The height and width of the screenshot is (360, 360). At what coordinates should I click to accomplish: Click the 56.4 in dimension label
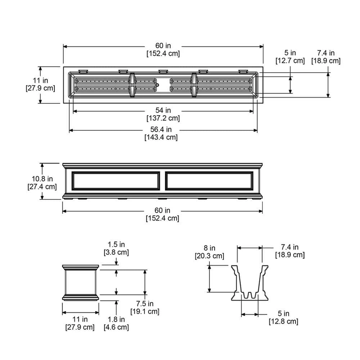coord(163,130)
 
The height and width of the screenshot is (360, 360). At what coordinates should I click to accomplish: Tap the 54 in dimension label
coord(163,110)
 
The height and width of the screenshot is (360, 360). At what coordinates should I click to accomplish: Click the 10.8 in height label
coord(42,179)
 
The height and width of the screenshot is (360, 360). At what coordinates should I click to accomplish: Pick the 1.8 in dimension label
coord(116,319)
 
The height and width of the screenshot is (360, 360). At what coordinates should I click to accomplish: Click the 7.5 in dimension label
coord(144,304)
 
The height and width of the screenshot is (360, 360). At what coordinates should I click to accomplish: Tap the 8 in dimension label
coord(209,248)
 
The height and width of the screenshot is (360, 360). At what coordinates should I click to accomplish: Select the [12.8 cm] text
coord(283,321)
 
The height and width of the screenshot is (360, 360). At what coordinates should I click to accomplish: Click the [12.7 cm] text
coord(290,61)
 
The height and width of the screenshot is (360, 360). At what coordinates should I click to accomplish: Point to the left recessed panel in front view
coord(116,181)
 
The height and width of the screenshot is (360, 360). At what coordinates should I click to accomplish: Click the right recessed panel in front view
coord(210,181)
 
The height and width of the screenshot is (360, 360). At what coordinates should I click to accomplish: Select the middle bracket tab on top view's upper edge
coord(163,71)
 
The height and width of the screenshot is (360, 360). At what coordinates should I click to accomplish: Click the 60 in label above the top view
coord(163,46)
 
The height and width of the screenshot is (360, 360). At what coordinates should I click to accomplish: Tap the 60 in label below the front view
coord(162,210)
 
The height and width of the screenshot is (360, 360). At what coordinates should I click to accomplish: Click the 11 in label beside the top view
coord(40,81)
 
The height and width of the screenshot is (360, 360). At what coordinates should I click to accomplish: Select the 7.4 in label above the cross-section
coord(290,247)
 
